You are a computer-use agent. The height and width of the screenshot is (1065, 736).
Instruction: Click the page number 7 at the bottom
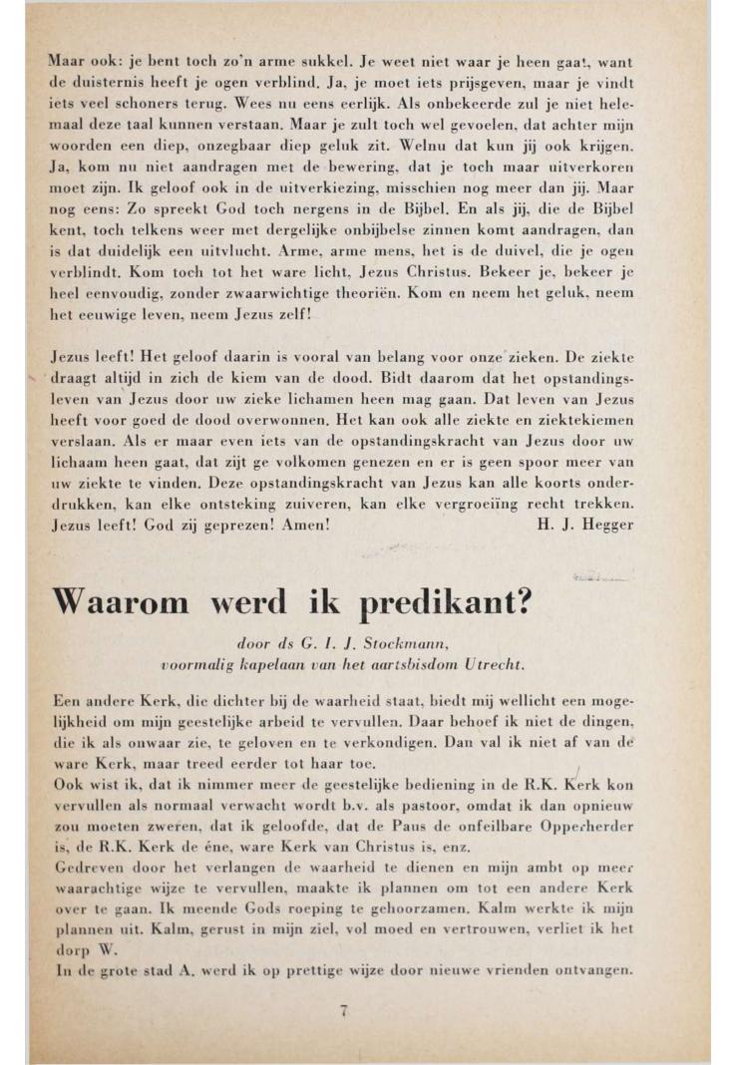[x=343, y=1010]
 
